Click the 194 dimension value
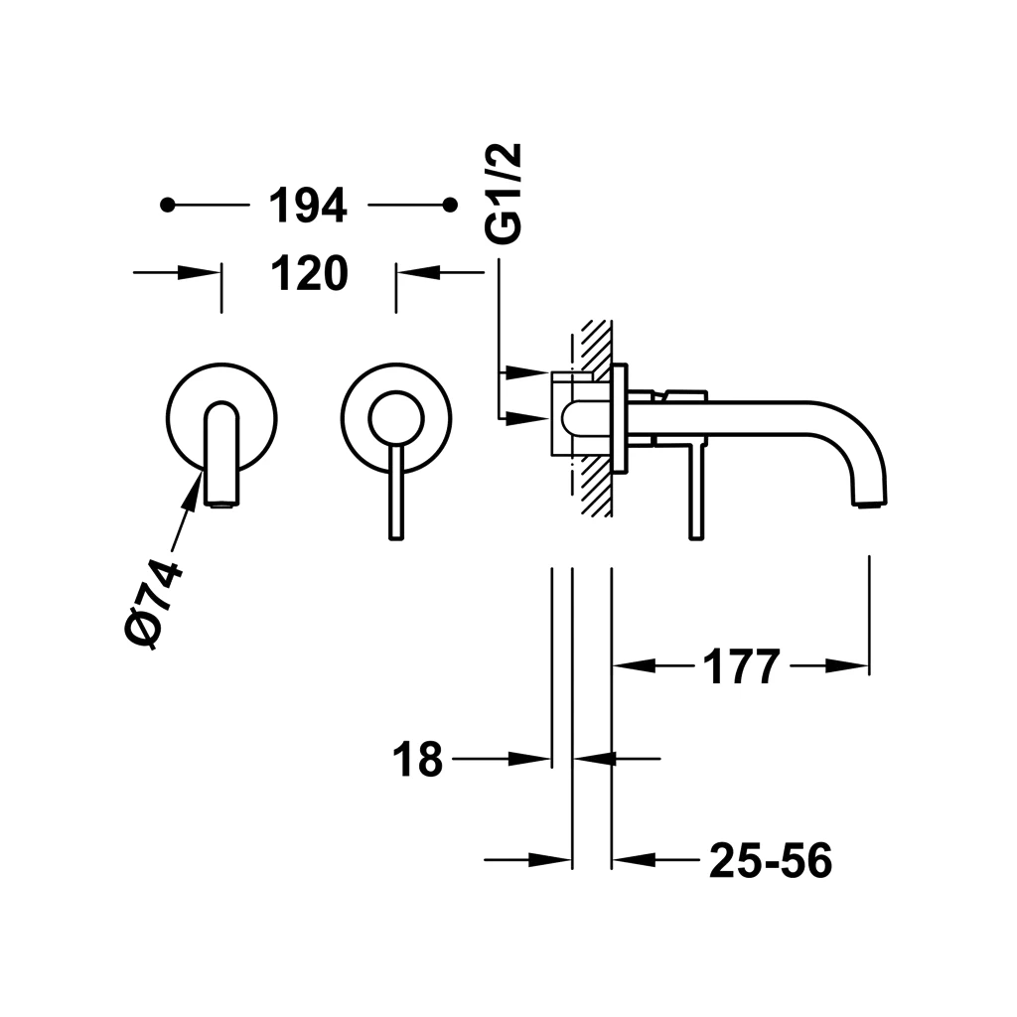tap(308, 206)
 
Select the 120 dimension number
tap(310, 273)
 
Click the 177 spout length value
tap(741, 666)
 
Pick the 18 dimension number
tap(418, 759)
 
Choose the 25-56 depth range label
tap(771, 861)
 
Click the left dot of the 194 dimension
tap(168, 205)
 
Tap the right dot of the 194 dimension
tap(450, 205)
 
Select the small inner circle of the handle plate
tap(395, 418)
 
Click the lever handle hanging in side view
tap(696, 490)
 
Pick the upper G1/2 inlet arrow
tap(526, 372)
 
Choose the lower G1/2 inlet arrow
tap(526, 418)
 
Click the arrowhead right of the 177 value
tap(846, 666)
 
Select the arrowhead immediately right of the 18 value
tap(529, 758)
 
